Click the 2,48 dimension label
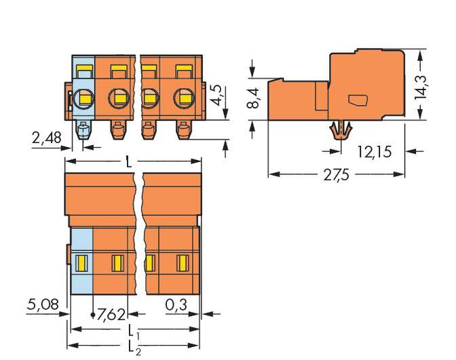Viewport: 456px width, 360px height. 46,138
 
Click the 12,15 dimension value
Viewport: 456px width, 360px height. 373,152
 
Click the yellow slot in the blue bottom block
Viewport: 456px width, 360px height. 81,260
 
